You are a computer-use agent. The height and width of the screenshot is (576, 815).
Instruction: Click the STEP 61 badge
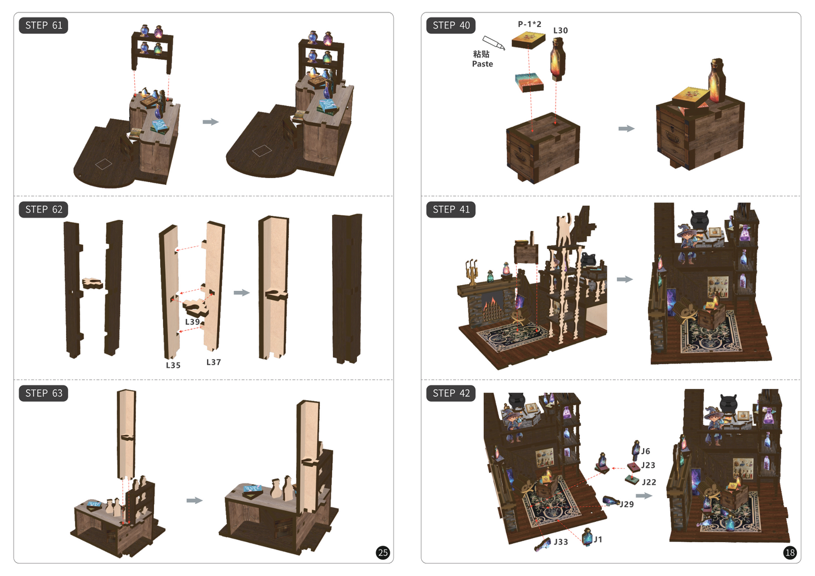[x=43, y=25]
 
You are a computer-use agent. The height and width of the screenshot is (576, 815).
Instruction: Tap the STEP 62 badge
[x=43, y=210]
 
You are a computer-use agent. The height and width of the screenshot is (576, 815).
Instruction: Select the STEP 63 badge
[x=43, y=393]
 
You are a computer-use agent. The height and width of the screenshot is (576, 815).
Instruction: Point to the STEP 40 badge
[x=451, y=25]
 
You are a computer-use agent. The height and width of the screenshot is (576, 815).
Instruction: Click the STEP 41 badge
[x=451, y=210]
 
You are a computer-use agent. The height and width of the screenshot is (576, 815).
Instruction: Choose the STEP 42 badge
[x=451, y=393]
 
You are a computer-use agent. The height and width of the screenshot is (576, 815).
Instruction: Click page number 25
[x=383, y=553]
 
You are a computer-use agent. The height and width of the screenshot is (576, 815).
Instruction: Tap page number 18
[x=790, y=553]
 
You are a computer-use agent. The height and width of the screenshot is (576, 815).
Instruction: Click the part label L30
[x=560, y=30]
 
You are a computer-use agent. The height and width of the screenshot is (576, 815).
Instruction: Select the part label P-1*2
[x=530, y=24]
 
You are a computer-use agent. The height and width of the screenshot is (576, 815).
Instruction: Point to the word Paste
[x=482, y=64]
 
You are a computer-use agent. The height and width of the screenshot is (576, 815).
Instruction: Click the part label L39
[x=192, y=322]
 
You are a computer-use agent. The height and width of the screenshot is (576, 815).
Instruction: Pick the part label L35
[x=173, y=365]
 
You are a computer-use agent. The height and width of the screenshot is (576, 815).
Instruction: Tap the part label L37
[x=214, y=362]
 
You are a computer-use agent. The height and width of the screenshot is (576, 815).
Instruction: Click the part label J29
[x=627, y=504]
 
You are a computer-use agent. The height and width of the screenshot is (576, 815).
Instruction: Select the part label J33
[x=561, y=542]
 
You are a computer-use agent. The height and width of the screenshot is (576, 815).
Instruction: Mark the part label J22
[x=649, y=482]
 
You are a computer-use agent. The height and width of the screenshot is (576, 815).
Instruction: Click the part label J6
[x=645, y=451]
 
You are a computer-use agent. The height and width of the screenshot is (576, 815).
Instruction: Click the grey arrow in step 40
[x=626, y=129]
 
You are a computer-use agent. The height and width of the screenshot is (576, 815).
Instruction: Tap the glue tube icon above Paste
[x=494, y=42]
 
